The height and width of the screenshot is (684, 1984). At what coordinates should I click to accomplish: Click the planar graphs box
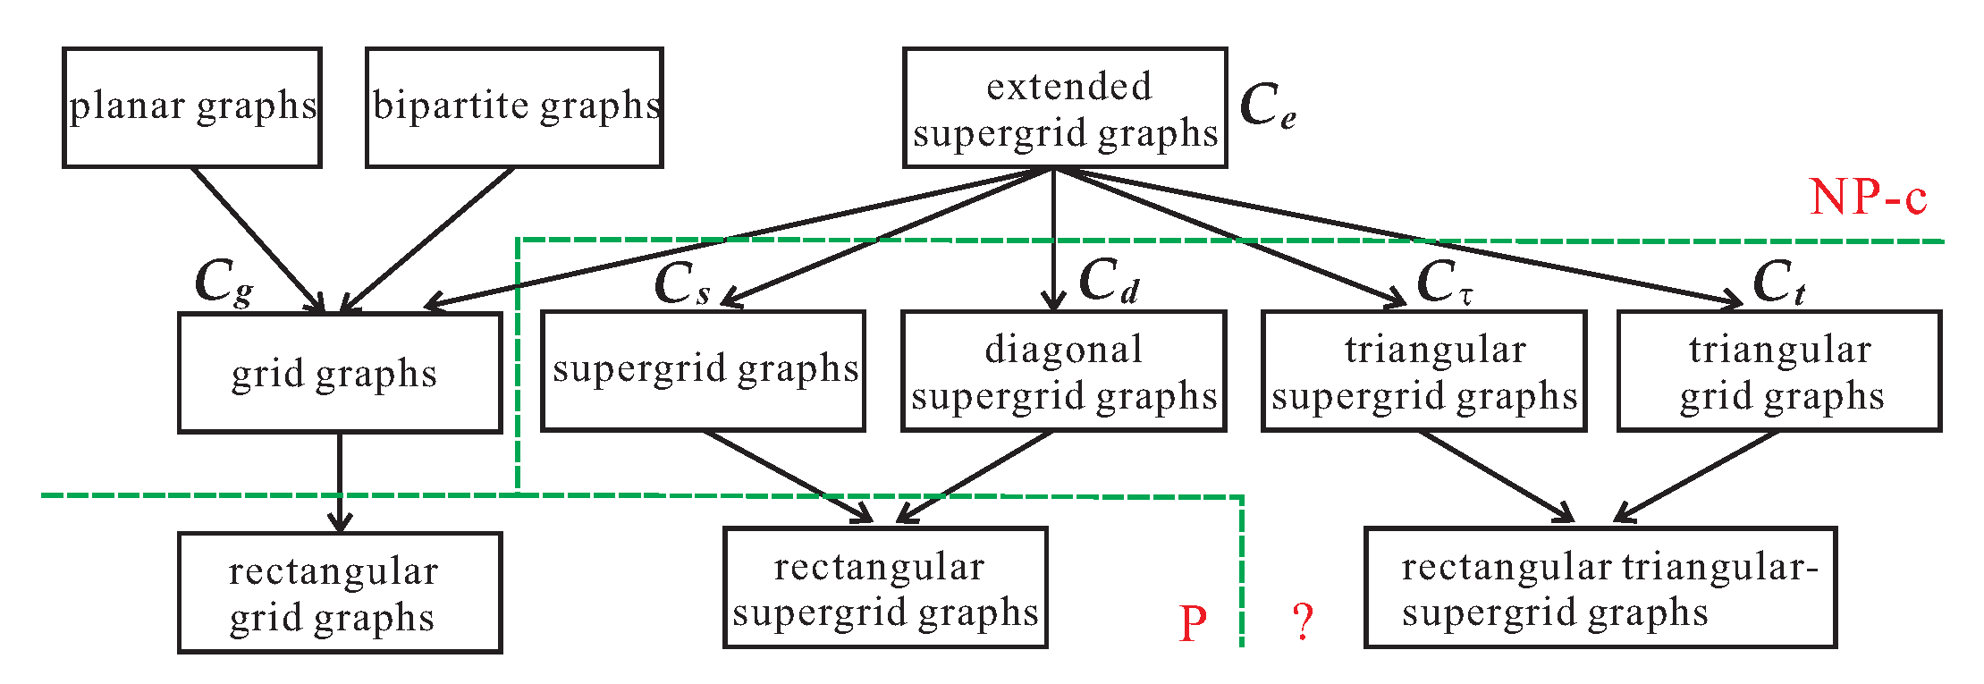[x=191, y=107]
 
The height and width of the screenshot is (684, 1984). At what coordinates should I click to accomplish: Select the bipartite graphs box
[x=514, y=107]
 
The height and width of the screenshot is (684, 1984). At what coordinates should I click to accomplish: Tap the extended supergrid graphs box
[x=1064, y=108]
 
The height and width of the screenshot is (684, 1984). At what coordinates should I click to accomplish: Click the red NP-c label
[x=1868, y=197]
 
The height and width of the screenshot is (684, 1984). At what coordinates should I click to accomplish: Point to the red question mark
[x=1304, y=621]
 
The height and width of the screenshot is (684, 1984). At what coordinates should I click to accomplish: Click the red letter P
[x=1193, y=623]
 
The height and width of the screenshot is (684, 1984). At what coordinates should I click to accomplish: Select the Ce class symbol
[x=1267, y=106]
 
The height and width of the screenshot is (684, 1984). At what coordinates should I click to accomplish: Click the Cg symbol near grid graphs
[x=223, y=283]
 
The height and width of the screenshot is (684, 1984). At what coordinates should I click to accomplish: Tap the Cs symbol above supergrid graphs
[x=682, y=284]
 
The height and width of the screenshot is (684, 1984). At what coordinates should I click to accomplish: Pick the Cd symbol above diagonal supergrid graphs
[x=1109, y=281]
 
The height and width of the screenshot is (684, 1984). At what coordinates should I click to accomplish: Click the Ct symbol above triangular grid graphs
[x=1778, y=283]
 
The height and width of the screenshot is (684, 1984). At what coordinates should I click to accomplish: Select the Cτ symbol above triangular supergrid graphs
[x=1443, y=283]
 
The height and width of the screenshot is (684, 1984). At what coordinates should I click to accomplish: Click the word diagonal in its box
[x=1063, y=350]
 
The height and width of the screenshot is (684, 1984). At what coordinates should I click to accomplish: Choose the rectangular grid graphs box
[x=339, y=593]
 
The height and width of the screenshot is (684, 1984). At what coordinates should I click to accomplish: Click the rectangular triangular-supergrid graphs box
[x=1600, y=587]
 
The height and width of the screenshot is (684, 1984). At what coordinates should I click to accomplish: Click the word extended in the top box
[x=1068, y=88]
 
